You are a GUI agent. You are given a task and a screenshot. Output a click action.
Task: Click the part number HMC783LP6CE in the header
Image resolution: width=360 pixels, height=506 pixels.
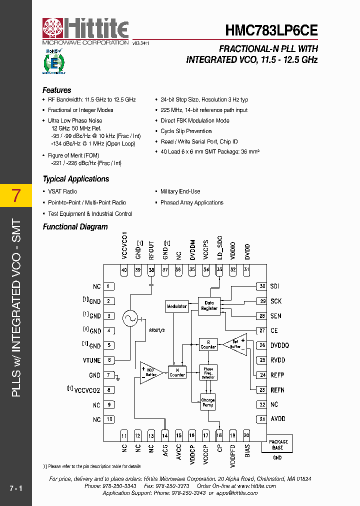pyautogui.click(x=271, y=30)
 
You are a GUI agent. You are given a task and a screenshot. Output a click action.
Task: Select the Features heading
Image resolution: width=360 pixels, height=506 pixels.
pyautogui.click(x=56, y=90)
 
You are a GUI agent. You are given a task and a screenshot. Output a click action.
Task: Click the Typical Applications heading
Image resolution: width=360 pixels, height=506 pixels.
pyautogui.click(x=75, y=179)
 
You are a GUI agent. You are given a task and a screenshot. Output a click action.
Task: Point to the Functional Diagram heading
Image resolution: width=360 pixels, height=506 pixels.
pyautogui.click(x=75, y=227)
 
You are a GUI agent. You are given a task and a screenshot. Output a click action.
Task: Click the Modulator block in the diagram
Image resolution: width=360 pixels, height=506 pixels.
pyautogui.click(x=176, y=306)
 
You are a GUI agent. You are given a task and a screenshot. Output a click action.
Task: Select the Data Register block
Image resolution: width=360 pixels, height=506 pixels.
pyautogui.click(x=209, y=305)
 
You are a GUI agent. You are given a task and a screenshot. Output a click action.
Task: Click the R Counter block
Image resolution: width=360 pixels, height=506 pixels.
pyautogui.click(x=208, y=344)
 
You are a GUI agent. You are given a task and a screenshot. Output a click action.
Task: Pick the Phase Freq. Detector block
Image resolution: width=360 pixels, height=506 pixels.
pyautogui.click(x=208, y=372)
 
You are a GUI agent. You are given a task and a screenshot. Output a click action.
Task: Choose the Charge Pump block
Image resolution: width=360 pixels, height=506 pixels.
pyautogui.click(x=208, y=402)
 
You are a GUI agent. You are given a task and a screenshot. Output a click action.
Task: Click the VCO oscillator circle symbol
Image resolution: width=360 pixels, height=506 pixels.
pyautogui.click(x=130, y=318)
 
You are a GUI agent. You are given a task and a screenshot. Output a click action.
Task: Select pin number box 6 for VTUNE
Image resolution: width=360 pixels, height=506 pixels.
pyautogui.click(x=109, y=360)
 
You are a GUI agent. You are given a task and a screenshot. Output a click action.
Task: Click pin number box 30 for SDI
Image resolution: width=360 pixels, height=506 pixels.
pyautogui.click(x=261, y=286)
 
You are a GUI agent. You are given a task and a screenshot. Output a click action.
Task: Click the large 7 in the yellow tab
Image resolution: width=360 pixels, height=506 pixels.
pyautogui.click(x=16, y=195)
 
